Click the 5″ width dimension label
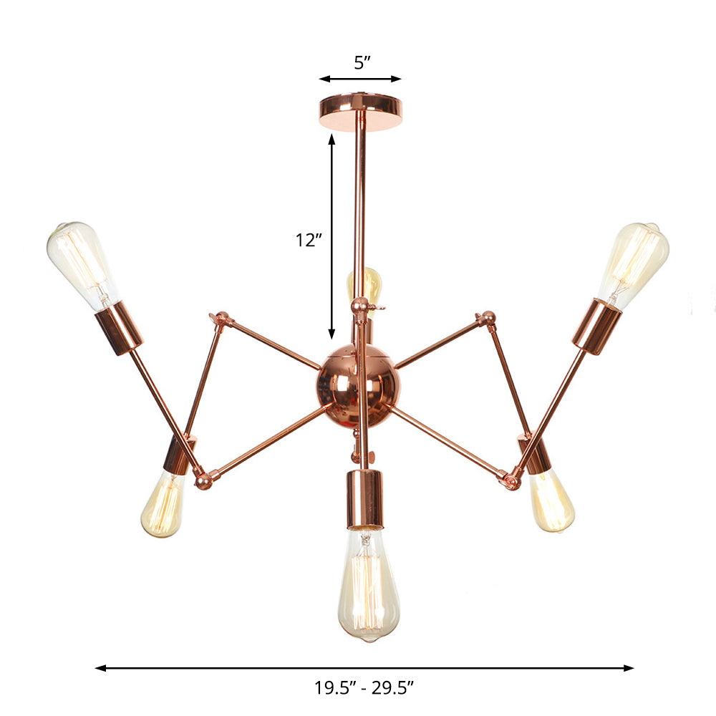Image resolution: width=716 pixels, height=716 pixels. pyautogui.click(x=361, y=62)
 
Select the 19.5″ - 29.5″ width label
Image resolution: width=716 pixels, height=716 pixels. pyautogui.click(x=364, y=689)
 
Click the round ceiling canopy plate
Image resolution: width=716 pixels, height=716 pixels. pyautogui.click(x=361, y=111)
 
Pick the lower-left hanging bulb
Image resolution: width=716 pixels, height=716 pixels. pyautogui.click(x=163, y=504)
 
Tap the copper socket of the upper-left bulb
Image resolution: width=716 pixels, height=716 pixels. pyautogui.click(x=119, y=327)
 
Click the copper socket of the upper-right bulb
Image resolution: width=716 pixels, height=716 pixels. pyautogui.click(x=596, y=326)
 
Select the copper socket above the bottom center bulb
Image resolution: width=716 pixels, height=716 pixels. pyautogui.click(x=365, y=499)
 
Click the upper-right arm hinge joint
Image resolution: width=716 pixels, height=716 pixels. pyautogui.click(x=488, y=318)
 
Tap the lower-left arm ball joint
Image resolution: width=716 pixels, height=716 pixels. pyautogui.click(x=203, y=480)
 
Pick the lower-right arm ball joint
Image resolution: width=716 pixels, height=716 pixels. pyautogui.click(x=511, y=480)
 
